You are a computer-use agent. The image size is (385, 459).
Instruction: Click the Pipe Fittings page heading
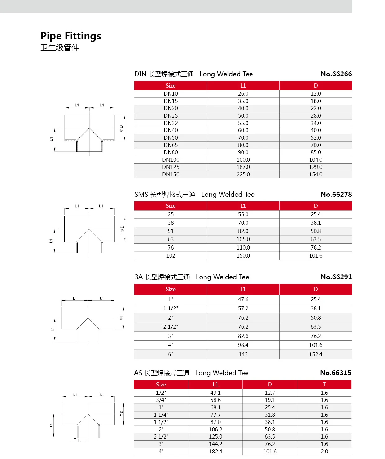(x=71, y=36)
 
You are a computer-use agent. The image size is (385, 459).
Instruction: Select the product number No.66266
(x=336, y=74)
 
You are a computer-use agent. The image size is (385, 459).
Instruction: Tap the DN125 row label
(x=170, y=167)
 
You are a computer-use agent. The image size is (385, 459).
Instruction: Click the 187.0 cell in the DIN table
(x=243, y=167)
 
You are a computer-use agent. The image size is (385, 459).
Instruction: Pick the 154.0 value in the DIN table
(x=315, y=174)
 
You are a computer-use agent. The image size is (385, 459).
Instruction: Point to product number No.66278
(x=336, y=195)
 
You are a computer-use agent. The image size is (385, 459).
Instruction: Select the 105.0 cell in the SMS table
(x=243, y=239)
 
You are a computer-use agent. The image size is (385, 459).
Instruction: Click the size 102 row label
(x=170, y=256)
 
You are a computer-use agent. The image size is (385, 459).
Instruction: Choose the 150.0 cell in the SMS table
(x=243, y=256)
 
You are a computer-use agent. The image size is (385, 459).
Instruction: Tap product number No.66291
(x=336, y=277)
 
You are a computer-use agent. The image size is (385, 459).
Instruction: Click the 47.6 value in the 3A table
(x=243, y=299)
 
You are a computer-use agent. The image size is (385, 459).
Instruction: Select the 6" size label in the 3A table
(x=170, y=354)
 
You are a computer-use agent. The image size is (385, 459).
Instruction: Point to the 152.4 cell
(x=315, y=354)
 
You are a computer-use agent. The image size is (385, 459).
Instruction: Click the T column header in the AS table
(x=324, y=385)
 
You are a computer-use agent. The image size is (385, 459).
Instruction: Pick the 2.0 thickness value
(x=324, y=452)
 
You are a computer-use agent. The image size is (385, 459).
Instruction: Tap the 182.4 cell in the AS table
(x=215, y=452)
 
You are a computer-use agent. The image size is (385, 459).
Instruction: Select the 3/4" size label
(x=161, y=400)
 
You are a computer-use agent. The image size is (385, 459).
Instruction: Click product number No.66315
(x=336, y=373)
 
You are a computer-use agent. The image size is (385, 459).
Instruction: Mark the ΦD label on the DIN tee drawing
(x=121, y=128)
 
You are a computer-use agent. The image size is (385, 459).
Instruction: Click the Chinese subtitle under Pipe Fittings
(x=60, y=48)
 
